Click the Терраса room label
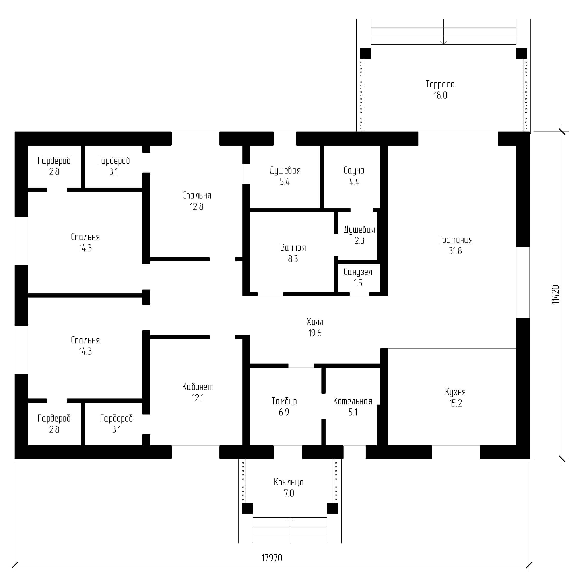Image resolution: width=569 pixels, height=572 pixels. point(440,84)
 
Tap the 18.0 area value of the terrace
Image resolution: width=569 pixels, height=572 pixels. point(440,95)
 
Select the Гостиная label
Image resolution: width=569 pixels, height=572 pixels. point(456,240)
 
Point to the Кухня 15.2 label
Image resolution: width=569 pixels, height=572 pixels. point(456,398)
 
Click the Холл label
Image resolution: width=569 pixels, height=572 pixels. point(315,322)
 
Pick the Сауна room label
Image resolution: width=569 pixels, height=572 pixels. point(354,171)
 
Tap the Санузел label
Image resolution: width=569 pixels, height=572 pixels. point(358,272)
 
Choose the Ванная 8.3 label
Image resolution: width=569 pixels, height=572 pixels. point(293,253)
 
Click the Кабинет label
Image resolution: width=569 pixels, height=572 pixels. point(198,387)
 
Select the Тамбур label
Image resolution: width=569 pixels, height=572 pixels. point(284,401)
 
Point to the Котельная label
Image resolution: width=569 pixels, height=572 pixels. point(353,401)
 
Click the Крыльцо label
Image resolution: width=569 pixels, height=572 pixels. point(289,482)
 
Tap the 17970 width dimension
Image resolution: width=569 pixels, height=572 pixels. point(272,558)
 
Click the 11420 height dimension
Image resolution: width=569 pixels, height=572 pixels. point(556,295)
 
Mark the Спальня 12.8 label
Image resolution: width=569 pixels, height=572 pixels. point(197,201)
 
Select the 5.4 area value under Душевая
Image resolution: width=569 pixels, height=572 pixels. point(285,182)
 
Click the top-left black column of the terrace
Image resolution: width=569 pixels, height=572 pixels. point(365,54)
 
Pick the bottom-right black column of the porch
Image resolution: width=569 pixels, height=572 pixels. point(332,509)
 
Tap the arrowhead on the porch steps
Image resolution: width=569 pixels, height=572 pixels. point(290,520)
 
